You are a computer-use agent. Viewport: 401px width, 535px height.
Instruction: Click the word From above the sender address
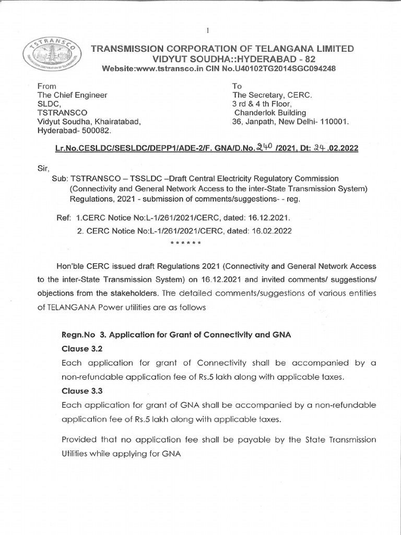(x=46, y=86)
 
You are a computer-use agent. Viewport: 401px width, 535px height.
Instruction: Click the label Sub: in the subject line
(x=60, y=179)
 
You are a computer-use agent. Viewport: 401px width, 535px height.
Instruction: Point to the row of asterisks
(x=186, y=243)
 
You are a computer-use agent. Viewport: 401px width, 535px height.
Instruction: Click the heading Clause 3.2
(x=79, y=348)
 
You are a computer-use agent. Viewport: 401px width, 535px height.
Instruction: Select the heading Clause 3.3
(x=79, y=390)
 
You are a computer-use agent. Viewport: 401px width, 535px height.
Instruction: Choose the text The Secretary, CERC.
(x=272, y=95)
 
